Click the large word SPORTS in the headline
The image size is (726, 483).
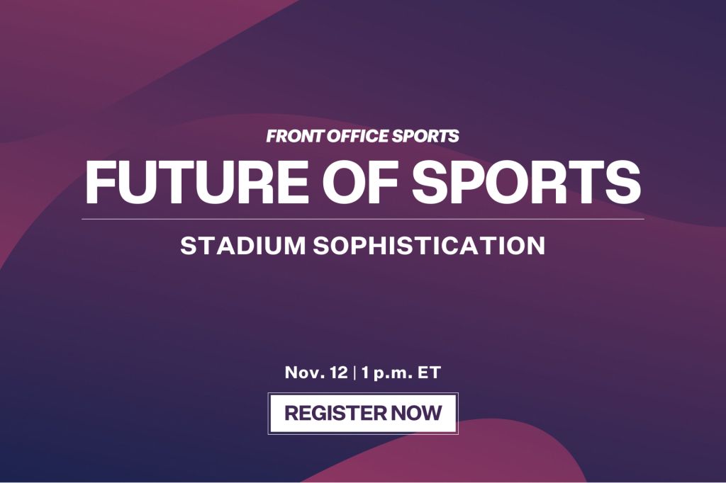point(527,181)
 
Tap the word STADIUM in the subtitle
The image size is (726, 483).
point(242,245)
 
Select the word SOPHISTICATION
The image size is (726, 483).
point(429,245)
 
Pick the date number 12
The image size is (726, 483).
point(338,373)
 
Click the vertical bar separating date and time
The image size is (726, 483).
point(354,373)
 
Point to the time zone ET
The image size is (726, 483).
point(430,373)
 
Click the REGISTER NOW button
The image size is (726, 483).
point(363,413)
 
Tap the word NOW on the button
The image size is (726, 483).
point(416,413)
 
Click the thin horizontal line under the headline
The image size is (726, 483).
point(363,219)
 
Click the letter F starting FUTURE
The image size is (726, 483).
point(99,181)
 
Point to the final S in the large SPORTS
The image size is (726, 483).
point(624,181)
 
